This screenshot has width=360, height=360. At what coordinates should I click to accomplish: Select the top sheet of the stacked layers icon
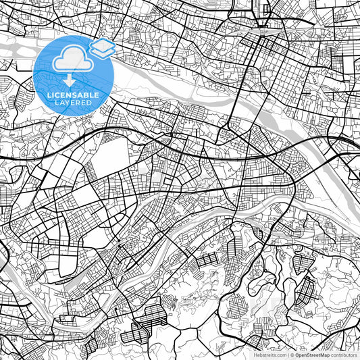click(x=103, y=44)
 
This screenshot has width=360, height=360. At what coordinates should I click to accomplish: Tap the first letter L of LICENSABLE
click(x=49, y=95)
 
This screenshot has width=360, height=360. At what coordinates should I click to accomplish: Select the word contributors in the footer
click(x=345, y=354)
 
